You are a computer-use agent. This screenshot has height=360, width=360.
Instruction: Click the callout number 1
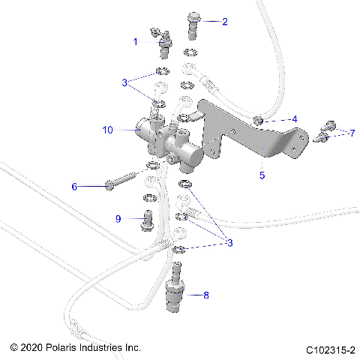(x=136, y=42)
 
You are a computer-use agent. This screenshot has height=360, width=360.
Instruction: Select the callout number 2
(x=223, y=21)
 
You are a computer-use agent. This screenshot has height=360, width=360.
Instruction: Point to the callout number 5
(x=262, y=176)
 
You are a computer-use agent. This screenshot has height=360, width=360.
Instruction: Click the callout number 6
(x=95, y=185)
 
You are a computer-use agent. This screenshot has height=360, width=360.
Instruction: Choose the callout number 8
(x=207, y=295)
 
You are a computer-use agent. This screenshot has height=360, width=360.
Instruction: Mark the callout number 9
(x=118, y=218)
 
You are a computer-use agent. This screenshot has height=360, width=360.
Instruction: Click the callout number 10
(x=107, y=130)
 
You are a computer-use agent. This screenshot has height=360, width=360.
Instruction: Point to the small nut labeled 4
(x=257, y=120)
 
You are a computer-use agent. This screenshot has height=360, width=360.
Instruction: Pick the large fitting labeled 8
(x=176, y=291)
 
